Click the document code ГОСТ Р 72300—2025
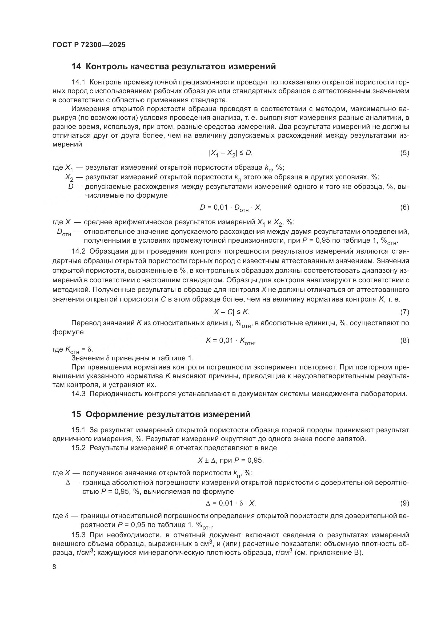pos(89,45)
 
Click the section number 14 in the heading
pos(76,66)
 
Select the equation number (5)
pos(404,153)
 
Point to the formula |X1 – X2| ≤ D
pos(231,153)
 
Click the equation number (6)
pos(404,207)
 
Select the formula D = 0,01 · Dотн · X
pos(231,208)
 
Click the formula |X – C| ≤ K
pos(231,312)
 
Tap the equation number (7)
pos(404,312)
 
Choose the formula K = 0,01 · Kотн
pos(231,341)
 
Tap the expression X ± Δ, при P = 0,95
pos(231,460)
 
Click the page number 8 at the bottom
pos(54,567)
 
